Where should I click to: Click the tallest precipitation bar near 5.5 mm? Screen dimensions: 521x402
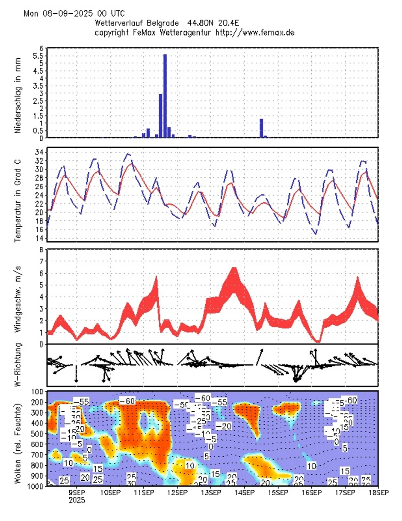165,96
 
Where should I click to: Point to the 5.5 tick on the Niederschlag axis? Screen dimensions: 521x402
39,56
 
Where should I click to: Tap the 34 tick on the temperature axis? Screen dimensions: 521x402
38,152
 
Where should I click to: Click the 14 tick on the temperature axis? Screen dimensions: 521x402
38,238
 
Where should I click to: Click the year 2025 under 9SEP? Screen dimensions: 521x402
77,500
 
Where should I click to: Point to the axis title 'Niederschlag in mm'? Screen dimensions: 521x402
18,93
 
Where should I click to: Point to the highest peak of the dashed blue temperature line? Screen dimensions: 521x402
128,153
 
